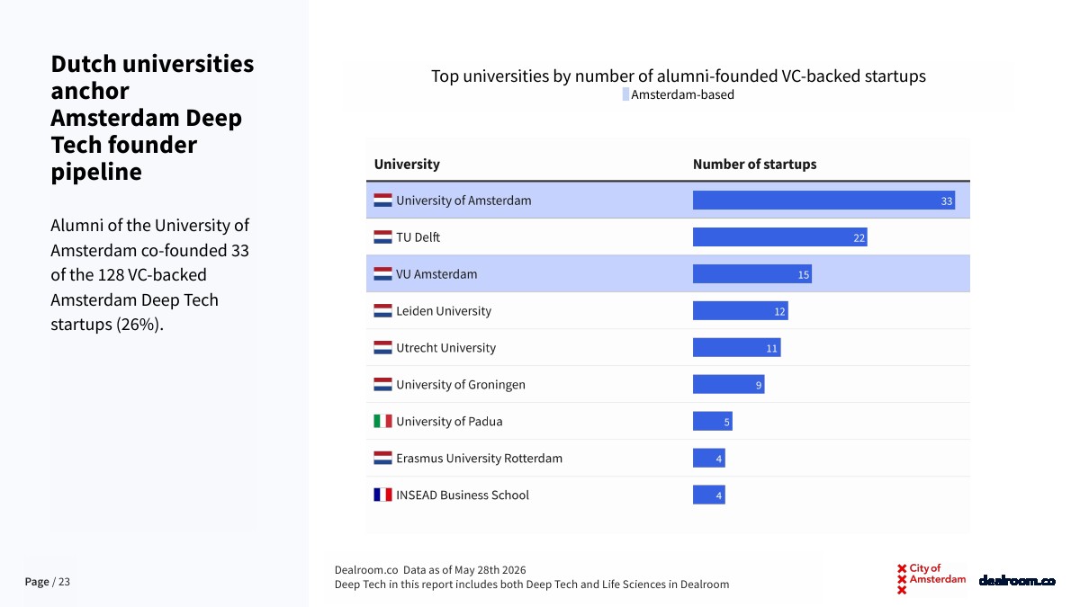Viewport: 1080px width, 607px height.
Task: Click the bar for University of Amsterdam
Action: click(823, 201)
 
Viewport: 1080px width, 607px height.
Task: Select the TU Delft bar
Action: click(779, 237)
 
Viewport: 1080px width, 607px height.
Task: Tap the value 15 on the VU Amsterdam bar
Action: click(803, 274)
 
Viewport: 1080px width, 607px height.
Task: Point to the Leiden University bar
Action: click(740, 311)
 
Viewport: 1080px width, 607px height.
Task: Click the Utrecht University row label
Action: click(445, 348)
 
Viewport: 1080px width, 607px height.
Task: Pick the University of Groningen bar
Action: click(728, 385)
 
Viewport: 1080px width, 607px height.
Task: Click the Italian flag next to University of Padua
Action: click(382, 421)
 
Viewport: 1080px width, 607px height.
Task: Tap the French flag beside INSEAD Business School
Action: click(382, 495)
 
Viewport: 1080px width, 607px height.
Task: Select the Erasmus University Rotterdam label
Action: click(479, 458)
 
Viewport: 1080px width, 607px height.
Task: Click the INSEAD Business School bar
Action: click(709, 495)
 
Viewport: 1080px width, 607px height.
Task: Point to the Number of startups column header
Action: click(754, 165)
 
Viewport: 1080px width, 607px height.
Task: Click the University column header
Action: click(407, 165)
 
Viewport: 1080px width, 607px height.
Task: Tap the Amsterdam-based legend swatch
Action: click(625, 94)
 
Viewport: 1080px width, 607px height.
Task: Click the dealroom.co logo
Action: click(1017, 581)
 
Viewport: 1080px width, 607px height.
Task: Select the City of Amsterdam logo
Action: click(931, 578)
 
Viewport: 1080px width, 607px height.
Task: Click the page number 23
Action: click(64, 582)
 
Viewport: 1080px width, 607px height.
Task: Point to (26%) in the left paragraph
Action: click(139, 325)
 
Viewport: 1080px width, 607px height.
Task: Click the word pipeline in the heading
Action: click(96, 172)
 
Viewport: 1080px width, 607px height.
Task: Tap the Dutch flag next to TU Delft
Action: click(382, 237)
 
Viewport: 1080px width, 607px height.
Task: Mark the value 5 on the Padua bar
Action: click(726, 423)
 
